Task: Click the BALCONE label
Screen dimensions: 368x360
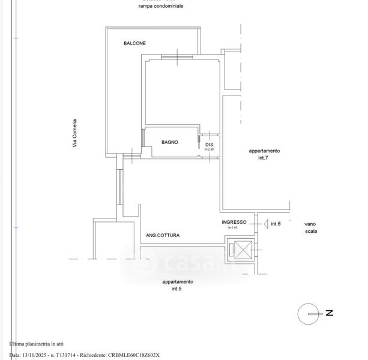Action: coord(135,43)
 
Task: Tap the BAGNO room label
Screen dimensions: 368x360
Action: coord(169,142)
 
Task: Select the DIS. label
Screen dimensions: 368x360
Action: coord(210,146)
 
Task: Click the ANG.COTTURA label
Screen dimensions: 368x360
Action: coord(163,236)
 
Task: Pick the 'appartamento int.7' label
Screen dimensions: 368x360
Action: coord(265,154)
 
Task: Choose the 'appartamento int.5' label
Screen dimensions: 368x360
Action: coord(178,285)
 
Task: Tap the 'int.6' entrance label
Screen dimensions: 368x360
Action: coord(276,224)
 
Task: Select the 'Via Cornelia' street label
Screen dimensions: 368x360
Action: coord(75,133)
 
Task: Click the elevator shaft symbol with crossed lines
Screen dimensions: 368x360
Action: coord(240,251)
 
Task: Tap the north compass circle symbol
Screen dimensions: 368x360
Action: coord(309,313)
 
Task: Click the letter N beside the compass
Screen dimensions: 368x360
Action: coord(329,313)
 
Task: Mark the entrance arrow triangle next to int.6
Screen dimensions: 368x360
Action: coord(264,224)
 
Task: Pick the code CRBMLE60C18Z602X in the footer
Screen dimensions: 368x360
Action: coord(135,355)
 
